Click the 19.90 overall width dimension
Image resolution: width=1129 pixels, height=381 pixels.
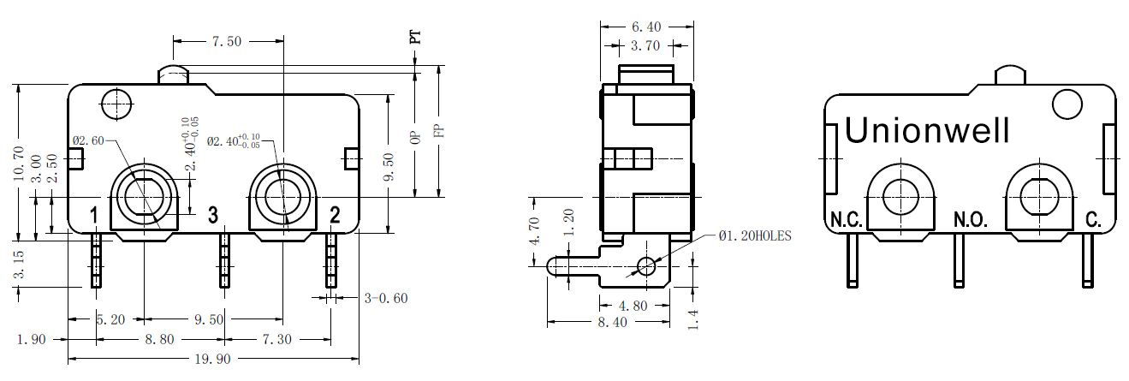tap(212, 359)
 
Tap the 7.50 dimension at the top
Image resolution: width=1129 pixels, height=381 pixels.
tap(227, 41)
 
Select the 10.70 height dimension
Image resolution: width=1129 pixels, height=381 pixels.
tap(19, 164)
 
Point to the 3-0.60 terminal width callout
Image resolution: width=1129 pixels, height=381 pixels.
tap(386, 298)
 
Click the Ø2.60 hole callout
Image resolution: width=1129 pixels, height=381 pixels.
tap(88, 140)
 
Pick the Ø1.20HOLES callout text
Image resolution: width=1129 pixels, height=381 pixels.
tap(755, 235)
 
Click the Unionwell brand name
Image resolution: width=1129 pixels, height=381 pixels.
tap(927, 130)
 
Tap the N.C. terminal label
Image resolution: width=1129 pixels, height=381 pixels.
tap(847, 220)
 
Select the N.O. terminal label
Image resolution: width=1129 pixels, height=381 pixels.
tap(971, 220)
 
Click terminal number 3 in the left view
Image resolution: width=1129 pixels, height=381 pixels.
tap(213, 215)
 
